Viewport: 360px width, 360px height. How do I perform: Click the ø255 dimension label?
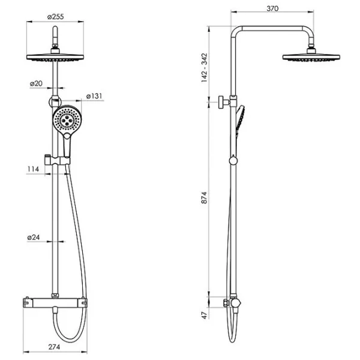pos(55,17)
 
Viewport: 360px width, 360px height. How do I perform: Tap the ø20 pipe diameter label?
pos(36,83)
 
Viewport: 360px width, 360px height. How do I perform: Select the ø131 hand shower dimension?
pos(94,96)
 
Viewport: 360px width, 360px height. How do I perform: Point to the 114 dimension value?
pos(33,169)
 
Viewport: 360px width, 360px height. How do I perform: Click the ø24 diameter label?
pos(34,237)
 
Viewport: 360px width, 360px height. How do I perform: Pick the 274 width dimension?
pos(54,347)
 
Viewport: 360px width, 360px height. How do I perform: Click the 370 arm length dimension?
pos(272,8)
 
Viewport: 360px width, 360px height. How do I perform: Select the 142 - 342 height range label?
pos(204,68)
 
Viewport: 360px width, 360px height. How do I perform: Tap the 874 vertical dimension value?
pos(204,197)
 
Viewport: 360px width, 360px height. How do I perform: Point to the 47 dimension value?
pos(205,315)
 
